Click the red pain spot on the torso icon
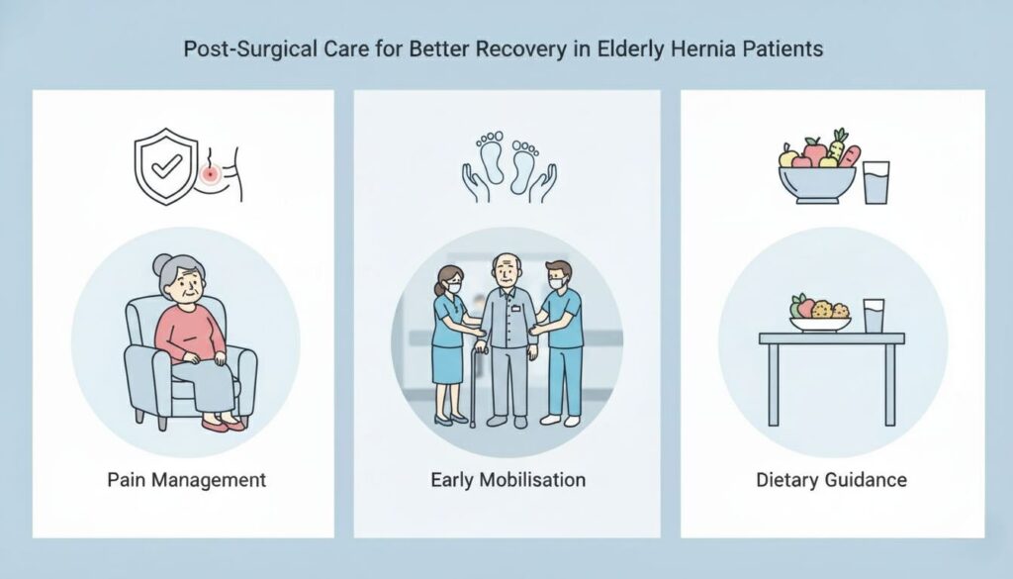[x=210, y=175]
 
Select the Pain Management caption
[x=186, y=481]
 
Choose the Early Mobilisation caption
[x=507, y=481]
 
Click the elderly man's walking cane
[x=473, y=386]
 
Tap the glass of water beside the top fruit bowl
[x=875, y=182]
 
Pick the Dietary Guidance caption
[x=831, y=481]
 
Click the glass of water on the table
[x=873, y=317]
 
